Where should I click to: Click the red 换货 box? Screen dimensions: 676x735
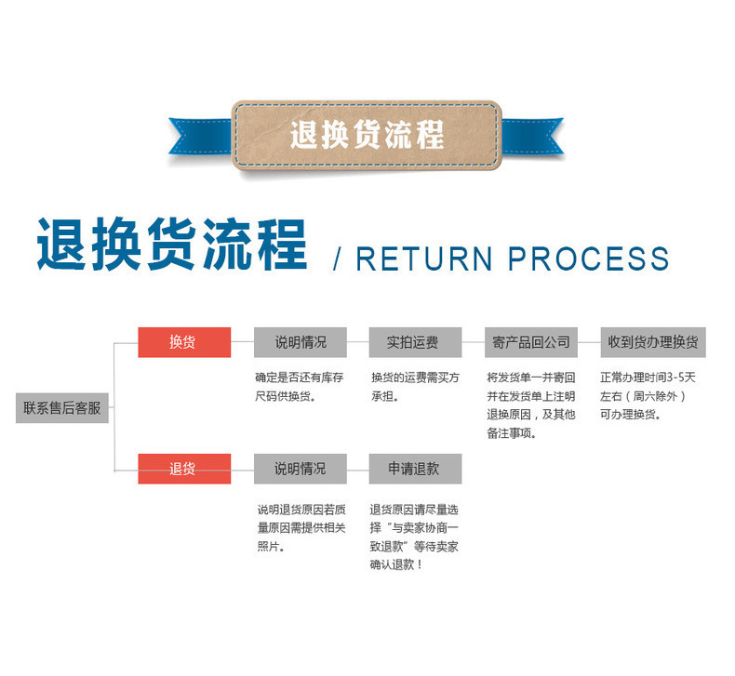[184, 342]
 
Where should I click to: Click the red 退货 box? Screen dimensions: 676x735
[184, 469]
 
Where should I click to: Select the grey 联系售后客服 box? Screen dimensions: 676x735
[62, 407]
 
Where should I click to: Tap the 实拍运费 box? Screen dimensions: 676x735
[415, 342]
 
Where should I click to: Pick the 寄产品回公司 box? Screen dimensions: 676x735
[530, 342]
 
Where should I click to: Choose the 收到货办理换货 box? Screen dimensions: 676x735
[652, 342]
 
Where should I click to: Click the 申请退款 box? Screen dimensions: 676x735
[415, 469]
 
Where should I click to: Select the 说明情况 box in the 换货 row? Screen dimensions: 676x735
[300, 342]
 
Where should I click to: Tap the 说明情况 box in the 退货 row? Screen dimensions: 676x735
[300, 469]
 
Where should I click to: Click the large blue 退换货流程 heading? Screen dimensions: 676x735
[172, 245]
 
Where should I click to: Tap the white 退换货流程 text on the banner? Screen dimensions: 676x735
[367, 136]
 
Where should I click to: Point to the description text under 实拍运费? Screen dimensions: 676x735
[414, 387]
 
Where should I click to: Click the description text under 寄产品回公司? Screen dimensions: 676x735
[531, 405]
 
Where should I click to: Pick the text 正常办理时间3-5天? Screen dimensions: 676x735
[648, 378]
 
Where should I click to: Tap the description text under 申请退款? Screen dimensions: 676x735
[414, 537]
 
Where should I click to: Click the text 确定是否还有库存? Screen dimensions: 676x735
[300, 378]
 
